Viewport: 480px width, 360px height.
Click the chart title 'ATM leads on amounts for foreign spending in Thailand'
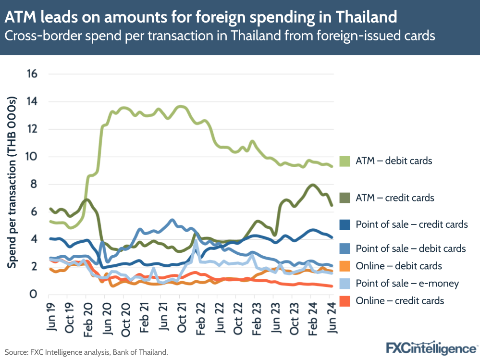(201, 17)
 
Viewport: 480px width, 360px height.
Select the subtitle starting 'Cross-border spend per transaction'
(219, 36)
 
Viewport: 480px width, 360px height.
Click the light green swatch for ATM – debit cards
(345, 161)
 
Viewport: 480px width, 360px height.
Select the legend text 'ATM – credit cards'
(395, 198)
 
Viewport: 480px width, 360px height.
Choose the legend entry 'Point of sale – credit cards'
(411, 224)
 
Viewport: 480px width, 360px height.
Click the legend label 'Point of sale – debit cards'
(410, 248)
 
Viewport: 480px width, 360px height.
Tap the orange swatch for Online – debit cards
(345, 266)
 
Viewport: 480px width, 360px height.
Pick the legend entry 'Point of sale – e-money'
(407, 284)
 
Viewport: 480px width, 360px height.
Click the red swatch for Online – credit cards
(345, 301)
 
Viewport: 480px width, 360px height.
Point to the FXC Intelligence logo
(431, 347)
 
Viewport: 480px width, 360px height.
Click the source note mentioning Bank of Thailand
(86, 352)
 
